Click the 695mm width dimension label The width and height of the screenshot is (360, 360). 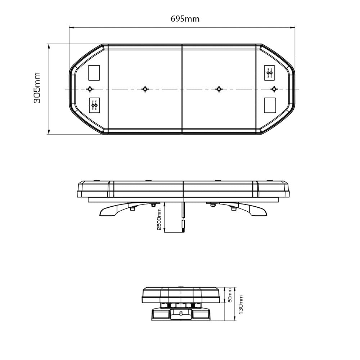coord(185,19)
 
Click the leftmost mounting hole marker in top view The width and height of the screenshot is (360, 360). coord(90,89)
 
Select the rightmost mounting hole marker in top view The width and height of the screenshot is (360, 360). coord(274,89)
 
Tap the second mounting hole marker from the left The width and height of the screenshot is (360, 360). coord(145,89)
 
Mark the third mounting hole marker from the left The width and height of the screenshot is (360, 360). coord(218,89)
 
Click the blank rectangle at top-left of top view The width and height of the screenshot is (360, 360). coord(94,72)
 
